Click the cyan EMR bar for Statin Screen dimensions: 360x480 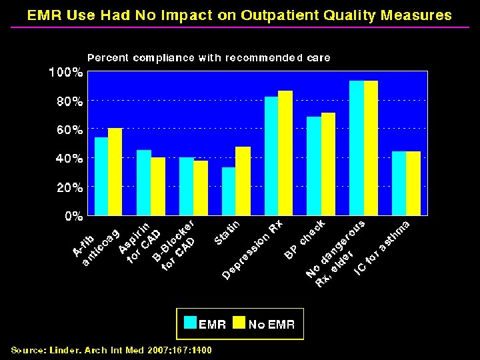tap(229, 191)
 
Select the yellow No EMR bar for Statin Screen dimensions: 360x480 tap(243, 181)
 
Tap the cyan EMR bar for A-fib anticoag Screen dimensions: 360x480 tap(101, 176)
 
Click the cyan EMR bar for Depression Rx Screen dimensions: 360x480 tap(271, 156)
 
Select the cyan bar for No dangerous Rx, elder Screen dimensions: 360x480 tap(357, 148)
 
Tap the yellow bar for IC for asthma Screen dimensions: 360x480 tap(413, 183)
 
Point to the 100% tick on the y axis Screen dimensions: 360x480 tap(65, 72)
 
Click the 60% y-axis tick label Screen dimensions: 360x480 tap(68, 130)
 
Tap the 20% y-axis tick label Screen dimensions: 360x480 tap(68, 187)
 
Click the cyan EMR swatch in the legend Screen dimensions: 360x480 tap(190, 324)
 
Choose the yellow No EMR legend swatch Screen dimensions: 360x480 tap(238, 324)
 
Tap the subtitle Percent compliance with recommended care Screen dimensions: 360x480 tap(209, 58)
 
